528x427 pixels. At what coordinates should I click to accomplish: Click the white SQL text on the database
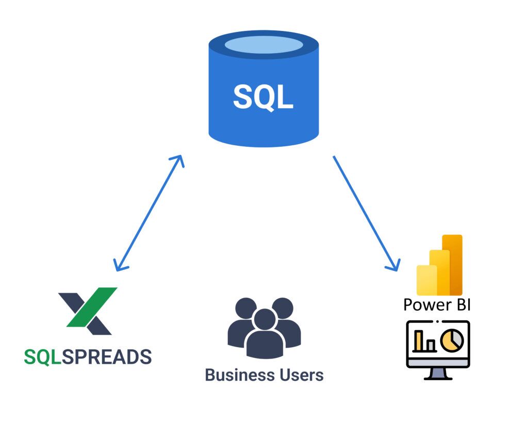click(x=263, y=97)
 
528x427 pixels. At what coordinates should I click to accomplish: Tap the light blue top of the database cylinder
click(x=263, y=45)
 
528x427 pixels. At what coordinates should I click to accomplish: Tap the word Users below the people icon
click(x=299, y=375)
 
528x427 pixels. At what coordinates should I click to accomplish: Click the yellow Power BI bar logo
click(x=440, y=265)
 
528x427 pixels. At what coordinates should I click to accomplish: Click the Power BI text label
click(x=437, y=304)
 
